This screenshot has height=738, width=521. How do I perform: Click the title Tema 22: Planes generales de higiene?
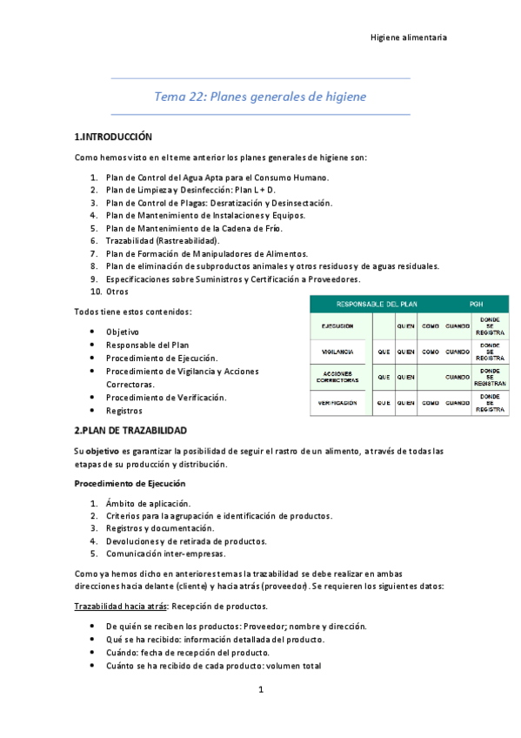click(260, 96)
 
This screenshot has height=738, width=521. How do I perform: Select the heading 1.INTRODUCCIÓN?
click(113, 138)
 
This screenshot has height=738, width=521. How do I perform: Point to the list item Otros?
click(117, 292)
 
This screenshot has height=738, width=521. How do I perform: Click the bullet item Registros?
click(124, 410)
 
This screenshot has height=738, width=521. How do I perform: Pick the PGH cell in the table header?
click(476, 304)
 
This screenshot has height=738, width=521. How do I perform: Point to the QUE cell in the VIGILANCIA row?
click(384, 352)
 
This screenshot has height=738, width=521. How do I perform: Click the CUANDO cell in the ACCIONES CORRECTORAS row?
click(458, 378)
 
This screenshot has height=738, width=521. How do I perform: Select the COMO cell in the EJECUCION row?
click(430, 325)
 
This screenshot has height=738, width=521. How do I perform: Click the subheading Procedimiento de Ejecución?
click(130, 483)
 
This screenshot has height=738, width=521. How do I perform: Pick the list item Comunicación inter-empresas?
click(164, 553)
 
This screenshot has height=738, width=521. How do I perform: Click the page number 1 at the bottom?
click(260, 690)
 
